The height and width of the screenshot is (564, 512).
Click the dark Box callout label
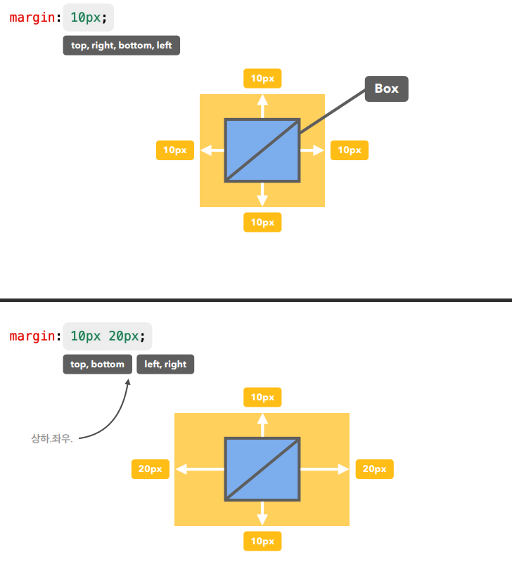point(386,88)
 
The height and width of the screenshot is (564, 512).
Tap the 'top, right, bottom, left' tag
point(121,46)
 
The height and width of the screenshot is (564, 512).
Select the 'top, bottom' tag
point(97,365)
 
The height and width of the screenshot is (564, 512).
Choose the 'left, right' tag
point(165,365)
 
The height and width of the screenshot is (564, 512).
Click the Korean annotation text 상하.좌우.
point(52,439)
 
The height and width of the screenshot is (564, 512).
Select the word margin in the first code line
point(32,17)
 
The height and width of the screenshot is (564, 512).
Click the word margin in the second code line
point(32,336)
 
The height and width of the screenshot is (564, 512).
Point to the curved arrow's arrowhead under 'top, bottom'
point(127,381)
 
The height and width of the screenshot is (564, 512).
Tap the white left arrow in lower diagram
point(198,469)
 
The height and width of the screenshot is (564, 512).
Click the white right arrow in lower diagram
point(326,469)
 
